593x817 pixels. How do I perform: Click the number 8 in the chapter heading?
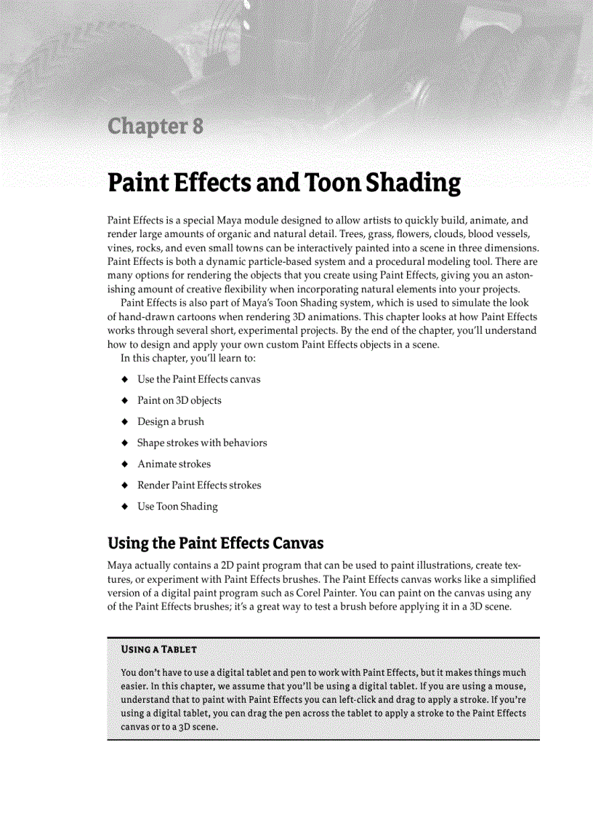point(195,127)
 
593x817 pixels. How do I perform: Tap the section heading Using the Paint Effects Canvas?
point(215,543)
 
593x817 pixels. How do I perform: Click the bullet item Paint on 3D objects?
point(179,401)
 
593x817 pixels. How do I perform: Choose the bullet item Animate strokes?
point(174,464)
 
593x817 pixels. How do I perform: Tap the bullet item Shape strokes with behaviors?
point(202,443)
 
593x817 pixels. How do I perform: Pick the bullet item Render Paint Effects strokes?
point(199,485)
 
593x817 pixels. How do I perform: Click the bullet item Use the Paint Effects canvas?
point(198,380)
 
